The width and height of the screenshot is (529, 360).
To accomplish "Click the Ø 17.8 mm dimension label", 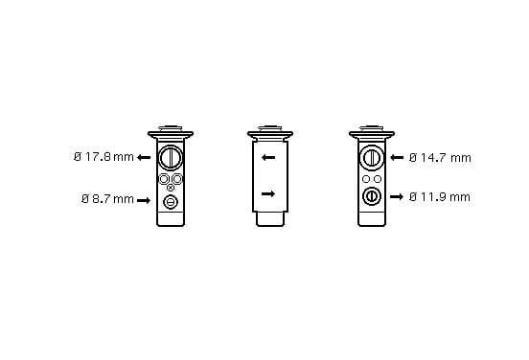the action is (103, 157).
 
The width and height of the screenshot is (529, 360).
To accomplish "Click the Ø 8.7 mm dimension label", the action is (107, 199).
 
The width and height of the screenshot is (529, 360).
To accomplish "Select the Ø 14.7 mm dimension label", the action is (440, 157).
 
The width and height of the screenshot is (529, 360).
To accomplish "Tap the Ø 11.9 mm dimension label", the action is (440, 197).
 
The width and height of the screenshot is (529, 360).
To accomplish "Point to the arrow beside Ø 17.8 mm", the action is (144, 157).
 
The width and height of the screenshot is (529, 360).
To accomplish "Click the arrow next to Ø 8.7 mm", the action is (144, 200).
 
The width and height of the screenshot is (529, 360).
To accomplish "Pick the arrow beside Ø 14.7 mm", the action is (397, 157).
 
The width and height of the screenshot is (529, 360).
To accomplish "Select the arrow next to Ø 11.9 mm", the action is (397, 196).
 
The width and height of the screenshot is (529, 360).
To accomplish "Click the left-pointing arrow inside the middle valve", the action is (268, 157).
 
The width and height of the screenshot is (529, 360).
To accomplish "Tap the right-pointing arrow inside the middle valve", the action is (268, 193).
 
